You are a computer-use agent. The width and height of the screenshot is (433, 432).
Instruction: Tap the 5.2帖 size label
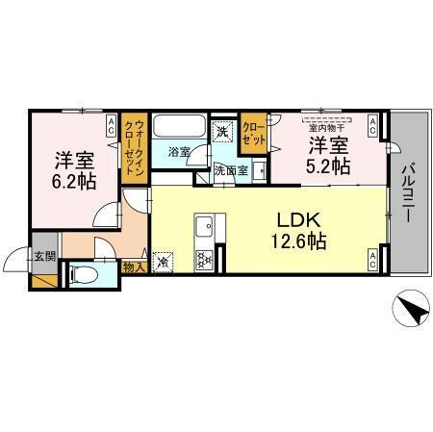click(328, 166)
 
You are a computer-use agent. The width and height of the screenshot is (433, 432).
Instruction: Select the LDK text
click(299, 216)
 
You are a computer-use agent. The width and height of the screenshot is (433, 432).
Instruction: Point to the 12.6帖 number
click(299, 241)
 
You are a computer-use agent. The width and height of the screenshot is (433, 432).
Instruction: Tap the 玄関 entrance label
click(44, 256)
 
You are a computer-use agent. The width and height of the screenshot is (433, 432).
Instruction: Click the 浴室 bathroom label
click(178, 152)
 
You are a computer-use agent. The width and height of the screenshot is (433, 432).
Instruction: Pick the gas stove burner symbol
click(203, 259)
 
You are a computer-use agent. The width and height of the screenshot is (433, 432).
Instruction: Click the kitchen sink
click(203, 228)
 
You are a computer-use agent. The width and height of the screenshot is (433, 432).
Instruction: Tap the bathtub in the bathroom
click(180, 128)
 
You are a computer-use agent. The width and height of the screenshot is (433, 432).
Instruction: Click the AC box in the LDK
click(372, 258)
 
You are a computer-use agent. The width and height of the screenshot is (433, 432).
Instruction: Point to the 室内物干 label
click(328, 124)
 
